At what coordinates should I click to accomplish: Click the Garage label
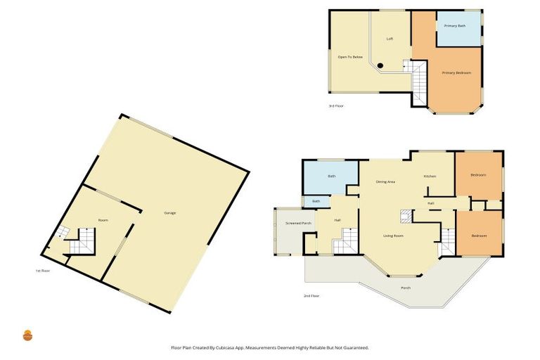[169, 213]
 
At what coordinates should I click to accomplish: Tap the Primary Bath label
[454, 26]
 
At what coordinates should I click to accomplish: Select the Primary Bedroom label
[456, 72]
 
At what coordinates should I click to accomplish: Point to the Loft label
[390, 39]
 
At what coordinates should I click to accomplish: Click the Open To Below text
[350, 56]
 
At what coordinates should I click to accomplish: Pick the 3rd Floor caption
[335, 106]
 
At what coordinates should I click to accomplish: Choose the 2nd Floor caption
[311, 296]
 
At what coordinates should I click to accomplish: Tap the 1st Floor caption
[43, 270]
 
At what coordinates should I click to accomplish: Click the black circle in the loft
[380, 66]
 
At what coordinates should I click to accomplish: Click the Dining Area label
[385, 182]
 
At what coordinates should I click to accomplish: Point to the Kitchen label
[430, 176]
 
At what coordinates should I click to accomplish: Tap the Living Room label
[393, 236]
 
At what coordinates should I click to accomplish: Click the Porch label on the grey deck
[406, 288]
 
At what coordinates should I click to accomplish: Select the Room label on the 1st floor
[103, 221]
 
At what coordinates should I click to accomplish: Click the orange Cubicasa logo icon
[28, 335]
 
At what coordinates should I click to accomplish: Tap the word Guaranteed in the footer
[354, 347]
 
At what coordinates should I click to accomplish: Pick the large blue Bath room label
[331, 176]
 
